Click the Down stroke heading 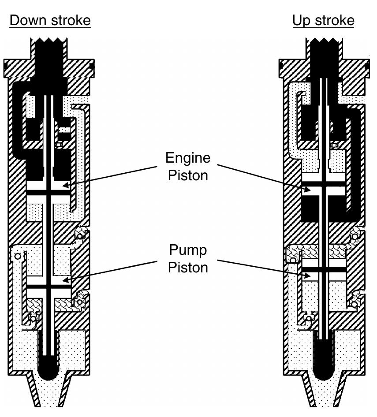click(50, 21)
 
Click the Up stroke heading click(323, 21)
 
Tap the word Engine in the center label click(188, 158)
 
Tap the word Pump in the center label click(188, 250)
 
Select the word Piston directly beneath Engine click(188, 175)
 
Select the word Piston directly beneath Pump click(188, 267)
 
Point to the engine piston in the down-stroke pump click(49, 192)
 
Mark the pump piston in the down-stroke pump click(49, 286)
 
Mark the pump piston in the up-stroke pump click(324, 268)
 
